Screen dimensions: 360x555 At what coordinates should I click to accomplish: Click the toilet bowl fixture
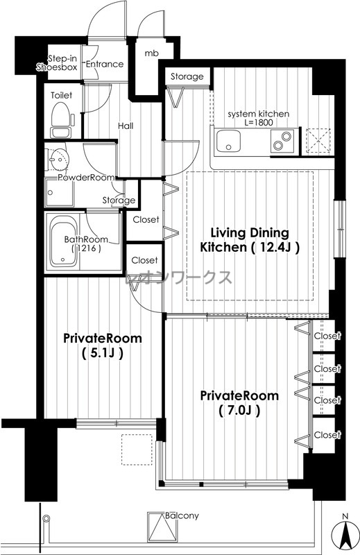tap(63, 119)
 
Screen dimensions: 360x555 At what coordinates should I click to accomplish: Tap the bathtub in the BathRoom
tap(64, 241)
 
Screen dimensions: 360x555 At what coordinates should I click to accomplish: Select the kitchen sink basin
tap(229, 141)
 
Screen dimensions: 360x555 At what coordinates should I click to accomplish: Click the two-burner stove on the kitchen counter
tap(282, 141)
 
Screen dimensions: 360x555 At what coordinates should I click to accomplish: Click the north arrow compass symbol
tap(345, 531)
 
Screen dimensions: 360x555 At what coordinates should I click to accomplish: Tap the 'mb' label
tap(151, 53)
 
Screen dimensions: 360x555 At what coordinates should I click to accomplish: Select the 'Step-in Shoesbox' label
tap(57, 63)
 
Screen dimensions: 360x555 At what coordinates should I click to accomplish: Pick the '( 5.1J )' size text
tap(102, 353)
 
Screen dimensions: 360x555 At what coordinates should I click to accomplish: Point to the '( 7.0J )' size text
tap(239, 411)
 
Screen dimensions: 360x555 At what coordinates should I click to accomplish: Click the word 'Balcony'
tap(182, 515)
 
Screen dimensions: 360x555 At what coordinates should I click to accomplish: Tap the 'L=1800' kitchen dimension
tap(259, 123)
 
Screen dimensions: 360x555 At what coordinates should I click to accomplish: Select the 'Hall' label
tap(126, 126)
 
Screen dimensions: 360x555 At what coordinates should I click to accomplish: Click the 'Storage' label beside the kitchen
tap(187, 76)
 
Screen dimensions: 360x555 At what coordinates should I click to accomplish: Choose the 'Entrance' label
tap(105, 64)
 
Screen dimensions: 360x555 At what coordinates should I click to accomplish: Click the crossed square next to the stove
tap(318, 141)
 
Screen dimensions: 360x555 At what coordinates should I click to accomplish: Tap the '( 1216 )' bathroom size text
tap(86, 248)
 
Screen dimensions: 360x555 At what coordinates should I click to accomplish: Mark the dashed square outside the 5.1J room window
tap(137, 449)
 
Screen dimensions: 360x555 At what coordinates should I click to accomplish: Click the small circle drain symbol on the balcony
tap(46, 518)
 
